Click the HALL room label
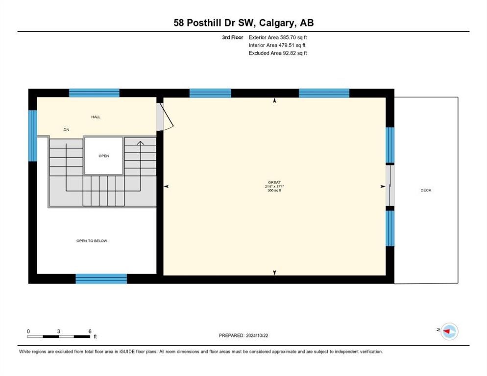(96, 117)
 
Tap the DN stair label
(66, 130)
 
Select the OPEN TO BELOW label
(92, 241)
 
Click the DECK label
(426, 190)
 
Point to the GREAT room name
(274, 182)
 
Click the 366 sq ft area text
(274, 190)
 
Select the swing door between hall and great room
(165, 117)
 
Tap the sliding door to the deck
(390, 186)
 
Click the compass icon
(449, 331)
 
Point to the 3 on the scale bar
(59, 331)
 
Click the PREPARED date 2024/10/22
(257, 336)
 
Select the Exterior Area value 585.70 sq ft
(293, 37)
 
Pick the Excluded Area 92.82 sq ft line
(278, 53)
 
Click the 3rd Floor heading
(233, 37)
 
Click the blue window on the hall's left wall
(33, 136)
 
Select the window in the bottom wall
(101, 279)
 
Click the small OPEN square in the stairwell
(104, 156)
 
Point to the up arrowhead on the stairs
(141, 143)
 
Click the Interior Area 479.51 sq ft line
(277, 46)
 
